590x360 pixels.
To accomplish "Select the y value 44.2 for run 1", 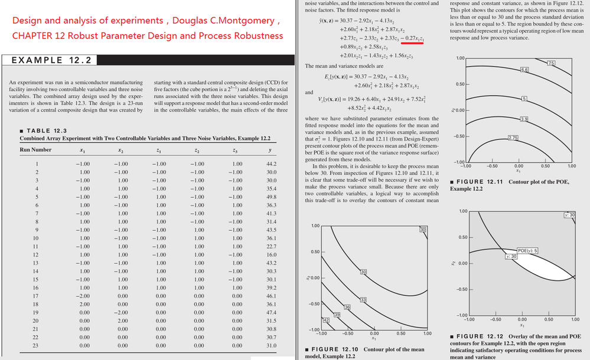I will (272, 163).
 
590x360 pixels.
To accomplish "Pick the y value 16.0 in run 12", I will (272, 255).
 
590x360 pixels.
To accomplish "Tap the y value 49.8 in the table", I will (272, 197).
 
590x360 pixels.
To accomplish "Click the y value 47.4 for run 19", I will (272, 312).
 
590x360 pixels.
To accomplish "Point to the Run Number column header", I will (35, 150).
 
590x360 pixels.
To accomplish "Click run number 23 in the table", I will (37, 345).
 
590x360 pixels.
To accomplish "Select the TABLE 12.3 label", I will (46, 130).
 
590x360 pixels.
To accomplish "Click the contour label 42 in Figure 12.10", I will (325, 320).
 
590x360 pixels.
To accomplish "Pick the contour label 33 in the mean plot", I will (364, 300).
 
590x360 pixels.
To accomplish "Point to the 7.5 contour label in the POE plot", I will (552, 63).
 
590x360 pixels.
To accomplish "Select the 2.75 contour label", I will (514, 138).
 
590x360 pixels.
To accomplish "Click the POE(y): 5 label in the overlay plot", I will (528, 251).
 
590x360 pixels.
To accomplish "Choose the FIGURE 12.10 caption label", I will (331, 349).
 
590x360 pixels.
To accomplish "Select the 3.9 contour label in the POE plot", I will (523, 120).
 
